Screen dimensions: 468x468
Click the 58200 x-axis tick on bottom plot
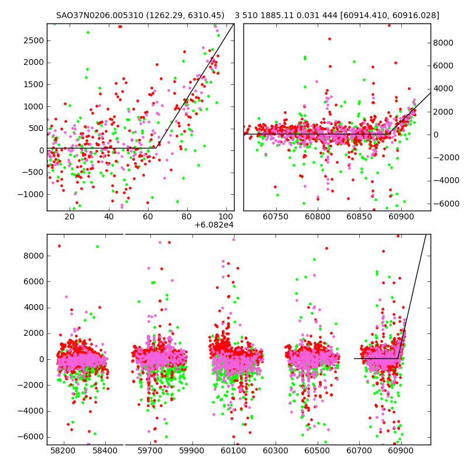63,451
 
